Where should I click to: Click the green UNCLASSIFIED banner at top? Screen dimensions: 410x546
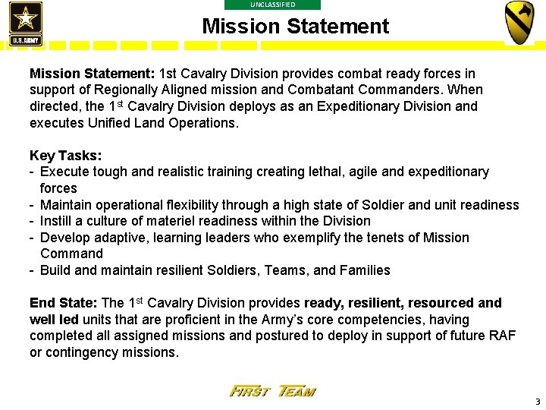click(272, 5)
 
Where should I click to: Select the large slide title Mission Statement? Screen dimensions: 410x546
click(295, 27)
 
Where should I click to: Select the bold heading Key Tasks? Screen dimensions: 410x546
click(65, 156)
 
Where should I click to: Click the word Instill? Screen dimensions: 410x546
click(56, 221)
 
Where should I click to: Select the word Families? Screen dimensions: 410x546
click(365, 270)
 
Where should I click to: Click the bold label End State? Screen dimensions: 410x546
click(63, 304)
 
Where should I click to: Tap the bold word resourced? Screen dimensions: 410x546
click(440, 304)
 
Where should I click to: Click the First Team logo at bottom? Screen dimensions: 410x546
click(272, 391)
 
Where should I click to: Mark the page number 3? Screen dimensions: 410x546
click(537, 402)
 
